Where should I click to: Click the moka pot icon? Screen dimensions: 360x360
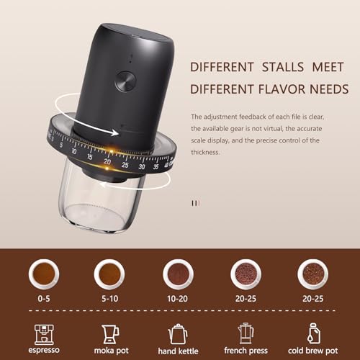point(110,333)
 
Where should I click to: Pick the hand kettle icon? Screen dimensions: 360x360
point(178,333)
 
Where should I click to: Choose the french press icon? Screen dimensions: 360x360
point(246,333)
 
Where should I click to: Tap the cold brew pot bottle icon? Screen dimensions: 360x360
point(314,333)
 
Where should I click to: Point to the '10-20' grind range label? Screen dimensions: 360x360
point(178,297)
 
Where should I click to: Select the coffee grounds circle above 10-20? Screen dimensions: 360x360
point(178,273)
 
